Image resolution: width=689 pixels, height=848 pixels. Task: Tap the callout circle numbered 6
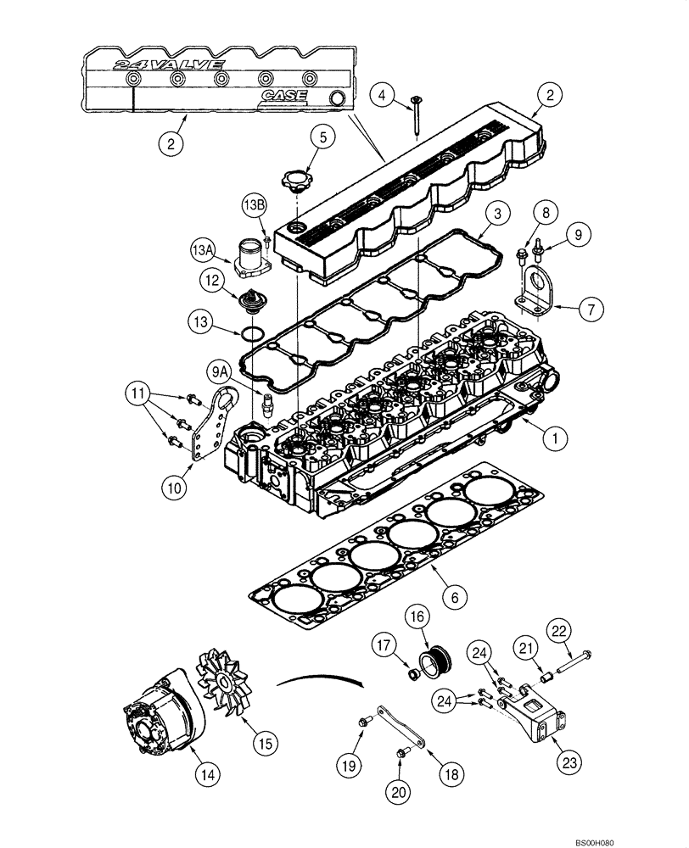[454, 597]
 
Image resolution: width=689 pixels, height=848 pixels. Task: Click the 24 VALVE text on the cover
[169, 64]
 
